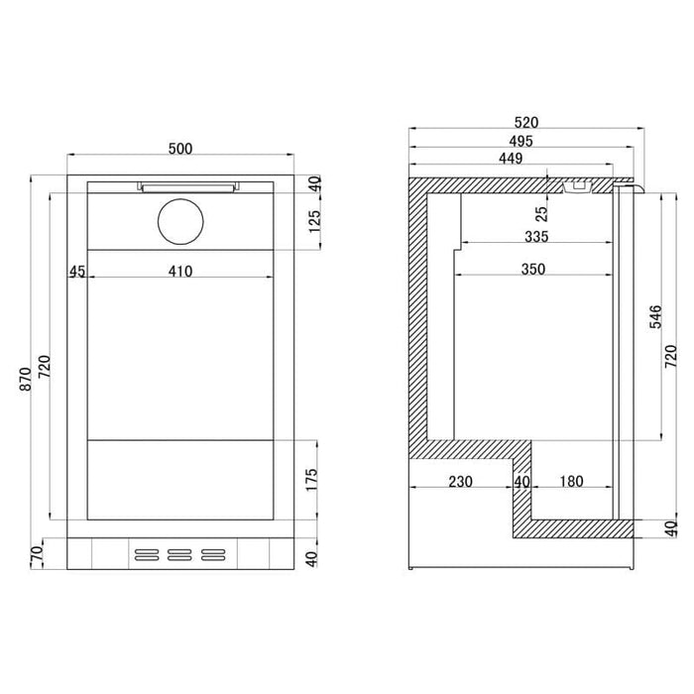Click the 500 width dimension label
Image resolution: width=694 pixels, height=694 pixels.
click(x=180, y=149)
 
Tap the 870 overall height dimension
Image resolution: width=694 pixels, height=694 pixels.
click(x=26, y=379)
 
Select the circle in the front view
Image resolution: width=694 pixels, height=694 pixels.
click(x=180, y=222)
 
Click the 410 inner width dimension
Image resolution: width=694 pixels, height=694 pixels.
click(x=180, y=271)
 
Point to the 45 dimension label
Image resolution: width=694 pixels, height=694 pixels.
click(x=77, y=271)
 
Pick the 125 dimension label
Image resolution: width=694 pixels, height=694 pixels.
click(x=314, y=221)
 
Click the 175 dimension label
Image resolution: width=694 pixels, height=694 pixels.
click(x=311, y=479)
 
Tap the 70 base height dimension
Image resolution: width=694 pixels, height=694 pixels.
click(x=37, y=553)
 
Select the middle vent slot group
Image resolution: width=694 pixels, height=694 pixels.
click(x=179, y=555)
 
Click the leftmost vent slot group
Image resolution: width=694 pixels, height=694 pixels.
click(x=147, y=555)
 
